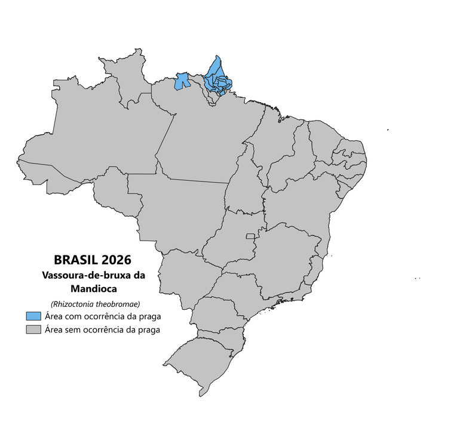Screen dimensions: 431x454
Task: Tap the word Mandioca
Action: click(x=93, y=289)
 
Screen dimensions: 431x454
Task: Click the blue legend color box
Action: click(x=33, y=316)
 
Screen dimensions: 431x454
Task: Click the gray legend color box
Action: click(x=33, y=329)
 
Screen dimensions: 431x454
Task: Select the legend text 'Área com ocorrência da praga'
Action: click(x=102, y=316)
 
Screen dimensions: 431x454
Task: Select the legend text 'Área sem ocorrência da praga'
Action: click(x=101, y=329)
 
